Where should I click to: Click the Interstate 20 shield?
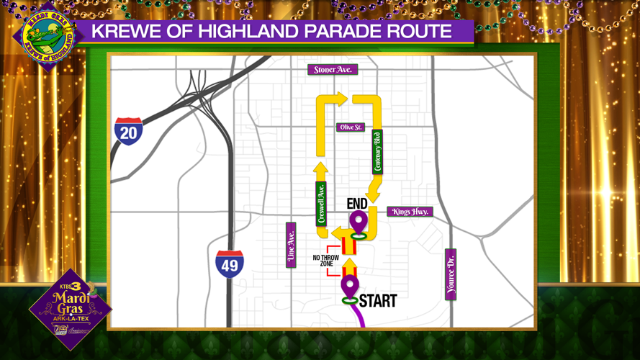[129, 132]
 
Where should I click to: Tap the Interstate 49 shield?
[230, 264]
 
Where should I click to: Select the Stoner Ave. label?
[333, 70]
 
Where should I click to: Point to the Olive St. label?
[351, 127]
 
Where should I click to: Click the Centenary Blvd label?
[377, 152]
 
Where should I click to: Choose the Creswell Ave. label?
[321, 203]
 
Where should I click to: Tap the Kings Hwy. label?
[410, 212]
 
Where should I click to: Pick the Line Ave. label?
[291, 245]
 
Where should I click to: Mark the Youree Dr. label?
[451, 274]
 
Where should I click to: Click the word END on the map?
[358, 204]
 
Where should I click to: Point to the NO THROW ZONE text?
[323, 261]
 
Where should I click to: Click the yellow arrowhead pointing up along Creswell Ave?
[321, 170]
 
